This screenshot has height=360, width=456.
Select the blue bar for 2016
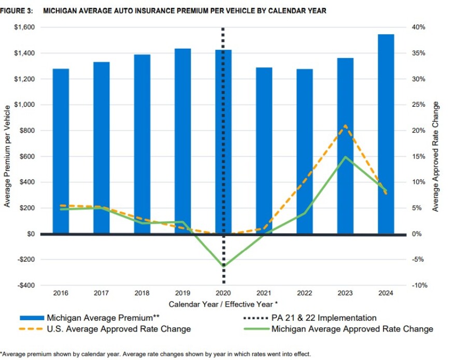pos(61,151)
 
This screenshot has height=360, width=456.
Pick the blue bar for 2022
pos(304,151)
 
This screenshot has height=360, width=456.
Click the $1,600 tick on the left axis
pos(24,27)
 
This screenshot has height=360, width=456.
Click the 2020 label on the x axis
pos(223,293)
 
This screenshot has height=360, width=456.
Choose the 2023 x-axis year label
pos(345,293)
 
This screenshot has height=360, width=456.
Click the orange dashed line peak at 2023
pos(345,125)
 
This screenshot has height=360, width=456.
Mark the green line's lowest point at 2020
pos(223,266)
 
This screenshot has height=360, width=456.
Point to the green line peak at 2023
pos(345,156)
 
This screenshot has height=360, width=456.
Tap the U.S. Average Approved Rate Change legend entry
pos(118,329)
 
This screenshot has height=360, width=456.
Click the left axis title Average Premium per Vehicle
pos(7,155)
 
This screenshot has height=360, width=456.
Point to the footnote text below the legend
pos(155,354)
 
